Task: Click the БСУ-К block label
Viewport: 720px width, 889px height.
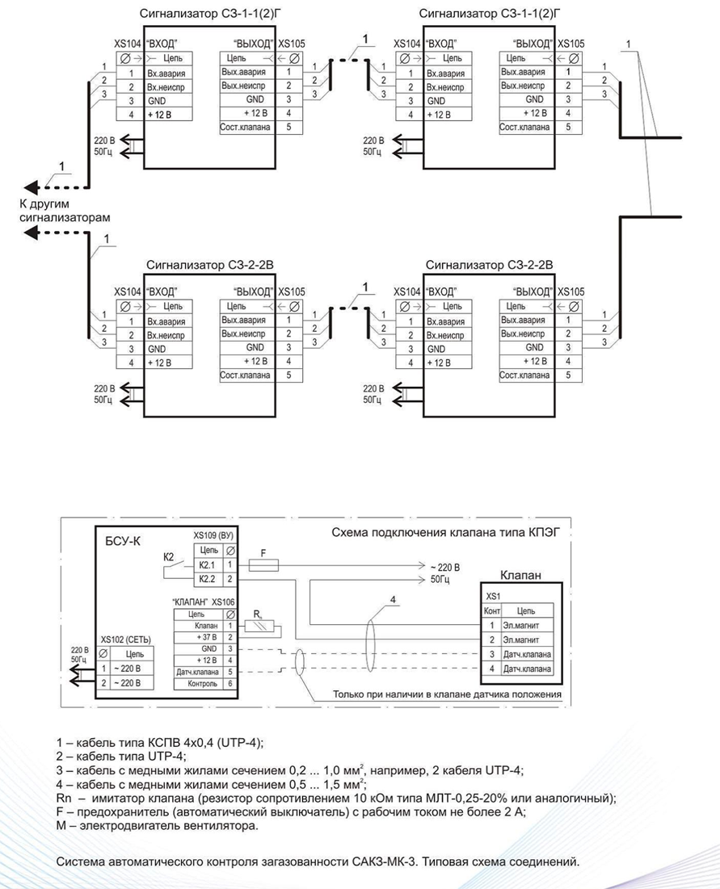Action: [x=123, y=541]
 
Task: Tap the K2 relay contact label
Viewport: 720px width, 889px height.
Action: [x=168, y=557]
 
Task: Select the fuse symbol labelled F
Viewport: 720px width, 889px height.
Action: [x=263, y=564]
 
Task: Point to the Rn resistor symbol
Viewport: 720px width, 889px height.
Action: [x=259, y=626]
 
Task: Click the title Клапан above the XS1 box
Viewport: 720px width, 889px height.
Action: [x=520, y=575]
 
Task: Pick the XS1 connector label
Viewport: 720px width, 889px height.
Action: [x=493, y=597]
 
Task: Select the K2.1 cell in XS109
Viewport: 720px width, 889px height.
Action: [x=207, y=564]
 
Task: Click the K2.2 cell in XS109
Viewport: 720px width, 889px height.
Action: [x=207, y=579]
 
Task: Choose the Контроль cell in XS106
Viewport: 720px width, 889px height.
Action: [x=203, y=684]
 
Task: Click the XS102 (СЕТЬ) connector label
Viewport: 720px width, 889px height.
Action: [x=126, y=639]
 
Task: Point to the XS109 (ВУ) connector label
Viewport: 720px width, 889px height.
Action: [x=213, y=535]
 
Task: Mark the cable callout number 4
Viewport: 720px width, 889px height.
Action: [x=393, y=599]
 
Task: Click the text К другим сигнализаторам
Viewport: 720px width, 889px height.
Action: [x=65, y=211]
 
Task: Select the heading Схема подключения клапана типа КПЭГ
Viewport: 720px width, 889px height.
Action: [x=445, y=532]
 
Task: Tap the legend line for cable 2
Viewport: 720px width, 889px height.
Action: [x=121, y=756]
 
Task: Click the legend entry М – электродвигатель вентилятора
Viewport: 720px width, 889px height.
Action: [x=157, y=825]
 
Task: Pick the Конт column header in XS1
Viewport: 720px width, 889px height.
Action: [x=492, y=610]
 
